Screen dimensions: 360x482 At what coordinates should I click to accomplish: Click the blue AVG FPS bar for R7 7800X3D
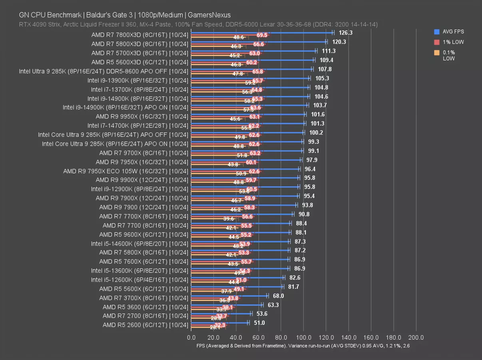[262, 32]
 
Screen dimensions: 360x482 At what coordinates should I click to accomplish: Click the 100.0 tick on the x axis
[304, 337]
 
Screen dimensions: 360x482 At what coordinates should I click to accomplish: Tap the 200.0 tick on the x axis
[416, 337]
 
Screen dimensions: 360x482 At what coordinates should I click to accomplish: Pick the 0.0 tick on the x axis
[191, 337]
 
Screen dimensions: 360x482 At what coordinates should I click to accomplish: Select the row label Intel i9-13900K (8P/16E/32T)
[137, 80]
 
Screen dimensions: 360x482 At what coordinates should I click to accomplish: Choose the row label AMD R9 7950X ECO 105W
[125, 171]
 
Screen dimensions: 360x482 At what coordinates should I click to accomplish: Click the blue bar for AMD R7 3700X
[229, 296]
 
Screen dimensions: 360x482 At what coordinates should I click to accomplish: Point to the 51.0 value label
[259, 323]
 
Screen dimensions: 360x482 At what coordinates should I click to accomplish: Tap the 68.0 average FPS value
[278, 296]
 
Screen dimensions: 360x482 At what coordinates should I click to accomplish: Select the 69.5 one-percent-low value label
[262, 35]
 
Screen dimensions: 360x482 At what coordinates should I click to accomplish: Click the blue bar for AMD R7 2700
[221, 314]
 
